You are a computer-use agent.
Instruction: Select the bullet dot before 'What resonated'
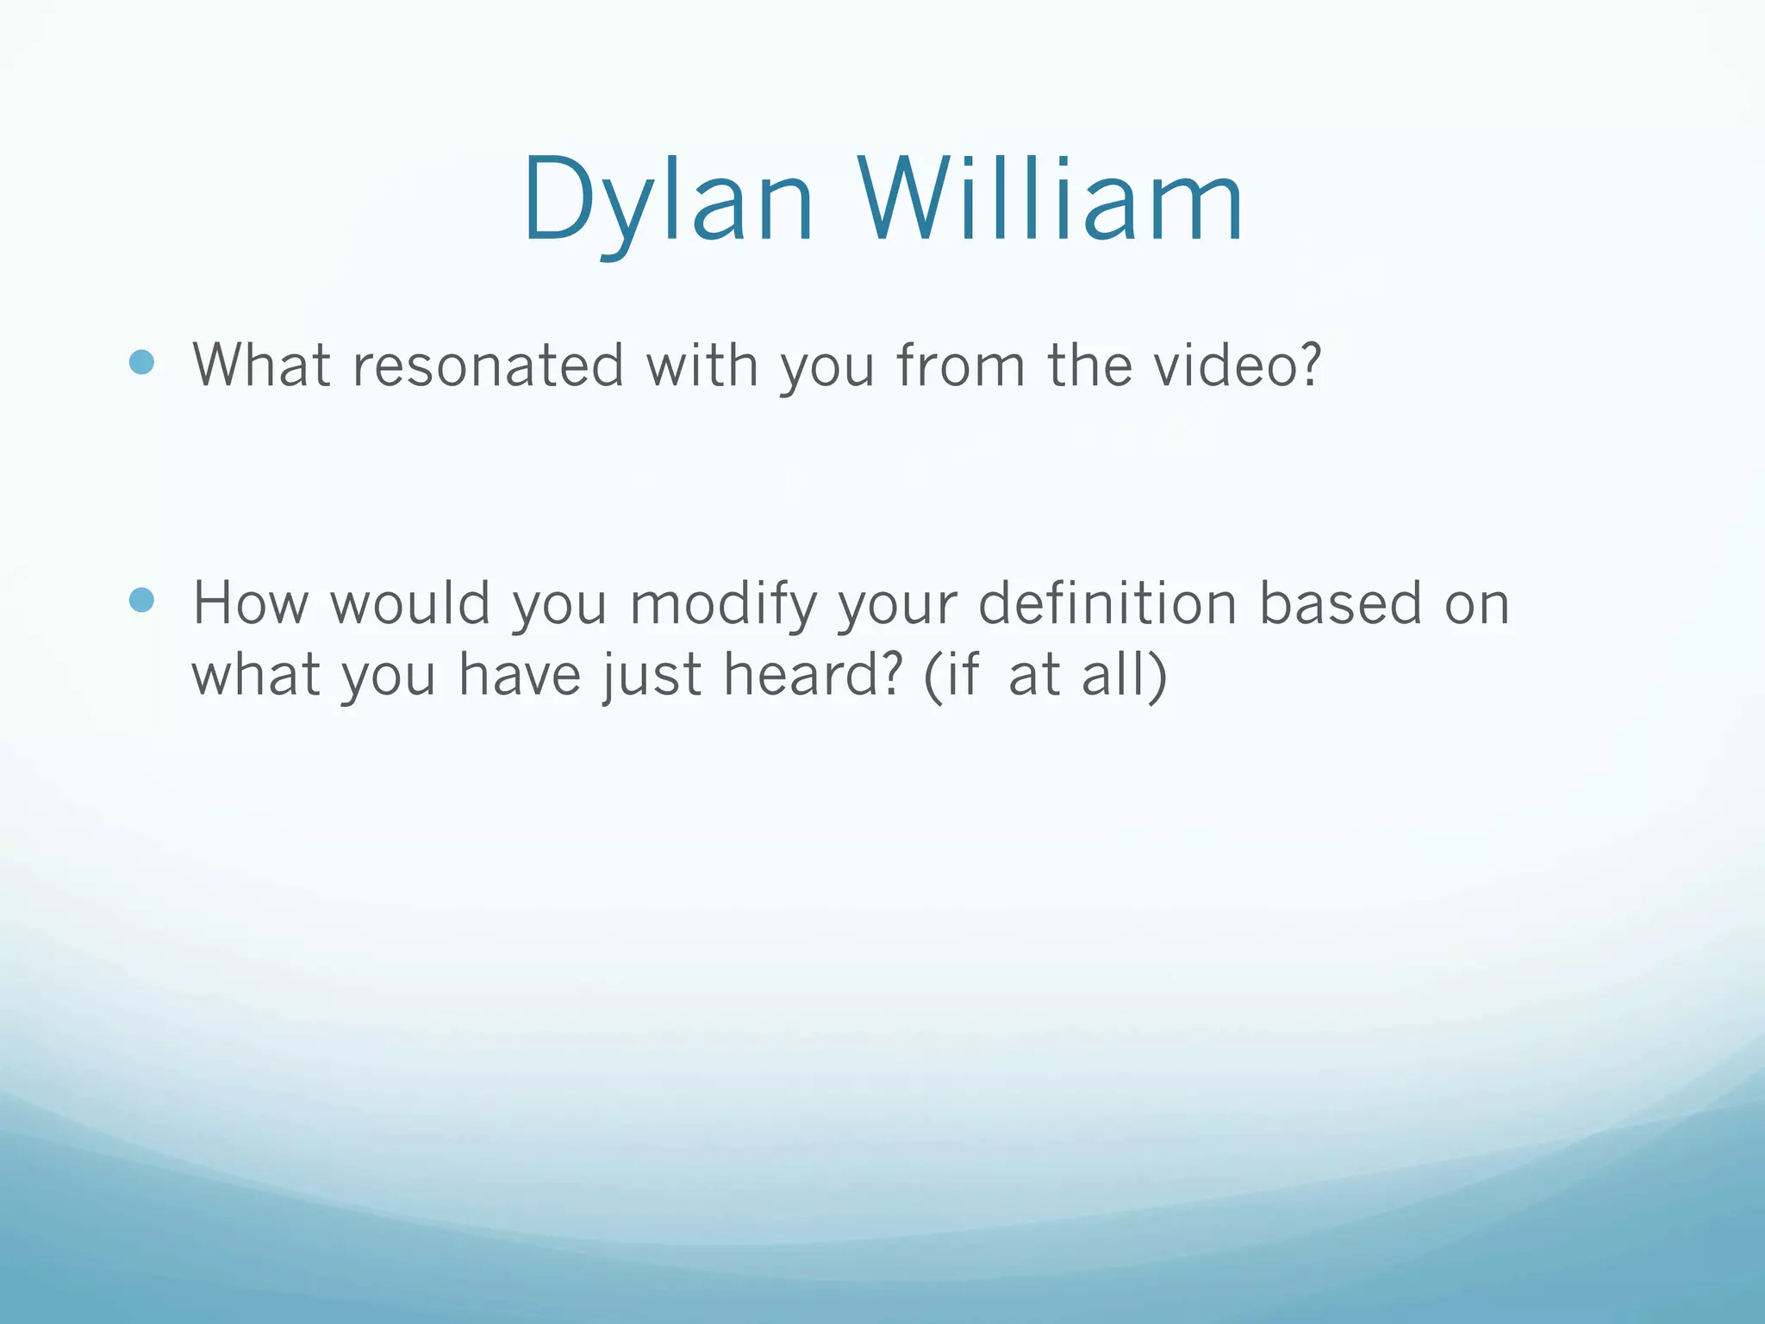click(x=141, y=362)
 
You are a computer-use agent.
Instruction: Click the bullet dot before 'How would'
click(x=141, y=600)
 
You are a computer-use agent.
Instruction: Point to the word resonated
click(x=488, y=365)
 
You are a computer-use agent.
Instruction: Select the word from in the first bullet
click(x=961, y=365)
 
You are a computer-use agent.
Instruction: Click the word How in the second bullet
click(x=250, y=603)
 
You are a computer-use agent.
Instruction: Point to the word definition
click(x=1107, y=603)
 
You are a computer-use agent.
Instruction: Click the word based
click(x=1341, y=603)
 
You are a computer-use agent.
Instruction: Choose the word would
click(x=410, y=603)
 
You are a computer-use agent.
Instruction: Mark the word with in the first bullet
click(x=702, y=365)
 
